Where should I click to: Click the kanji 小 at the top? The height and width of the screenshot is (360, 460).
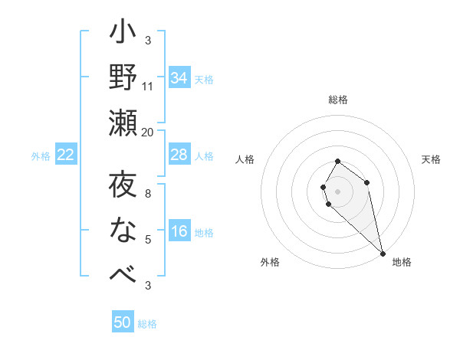click(x=123, y=35)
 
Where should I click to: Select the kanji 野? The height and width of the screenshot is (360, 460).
click(x=123, y=77)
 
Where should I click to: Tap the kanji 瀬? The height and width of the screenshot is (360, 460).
click(x=123, y=123)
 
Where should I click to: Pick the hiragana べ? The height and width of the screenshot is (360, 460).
click(x=123, y=274)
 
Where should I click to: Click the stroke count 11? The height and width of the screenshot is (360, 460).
click(x=148, y=87)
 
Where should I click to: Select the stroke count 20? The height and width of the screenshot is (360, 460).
click(x=148, y=132)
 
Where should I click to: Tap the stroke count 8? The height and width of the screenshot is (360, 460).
click(x=148, y=195)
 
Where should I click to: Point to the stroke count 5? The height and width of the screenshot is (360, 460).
click(x=148, y=240)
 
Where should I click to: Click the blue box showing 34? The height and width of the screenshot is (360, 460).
click(x=179, y=78)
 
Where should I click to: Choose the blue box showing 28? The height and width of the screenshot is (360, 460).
click(x=179, y=155)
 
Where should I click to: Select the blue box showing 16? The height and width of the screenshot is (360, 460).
click(x=179, y=232)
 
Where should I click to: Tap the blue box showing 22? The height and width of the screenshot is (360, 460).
click(x=65, y=155)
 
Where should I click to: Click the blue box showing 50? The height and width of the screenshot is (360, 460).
click(x=123, y=322)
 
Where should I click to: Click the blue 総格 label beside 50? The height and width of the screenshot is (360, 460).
click(x=147, y=324)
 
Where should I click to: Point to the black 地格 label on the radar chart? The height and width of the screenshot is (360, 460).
click(x=402, y=262)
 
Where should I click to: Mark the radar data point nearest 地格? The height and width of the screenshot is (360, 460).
click(x=383, y=253)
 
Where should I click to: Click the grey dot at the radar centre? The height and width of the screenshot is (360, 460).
click(x=337, y=190)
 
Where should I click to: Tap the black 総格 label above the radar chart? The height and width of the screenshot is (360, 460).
click(x=338, y=100)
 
